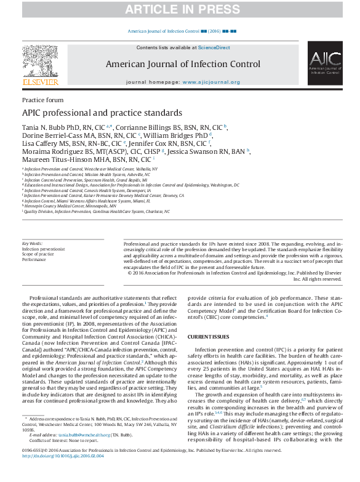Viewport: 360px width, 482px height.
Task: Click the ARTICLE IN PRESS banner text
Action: point(179,9)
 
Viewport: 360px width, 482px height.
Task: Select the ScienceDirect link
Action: point(214,47)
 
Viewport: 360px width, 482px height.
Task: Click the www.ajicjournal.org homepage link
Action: point(211,82)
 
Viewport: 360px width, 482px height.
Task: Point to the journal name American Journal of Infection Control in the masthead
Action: point(183,64)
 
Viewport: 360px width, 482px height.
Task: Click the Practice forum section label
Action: point(42,100)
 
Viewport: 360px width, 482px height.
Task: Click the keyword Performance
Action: point(34,260)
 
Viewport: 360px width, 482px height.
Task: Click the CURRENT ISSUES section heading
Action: point(208,337)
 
